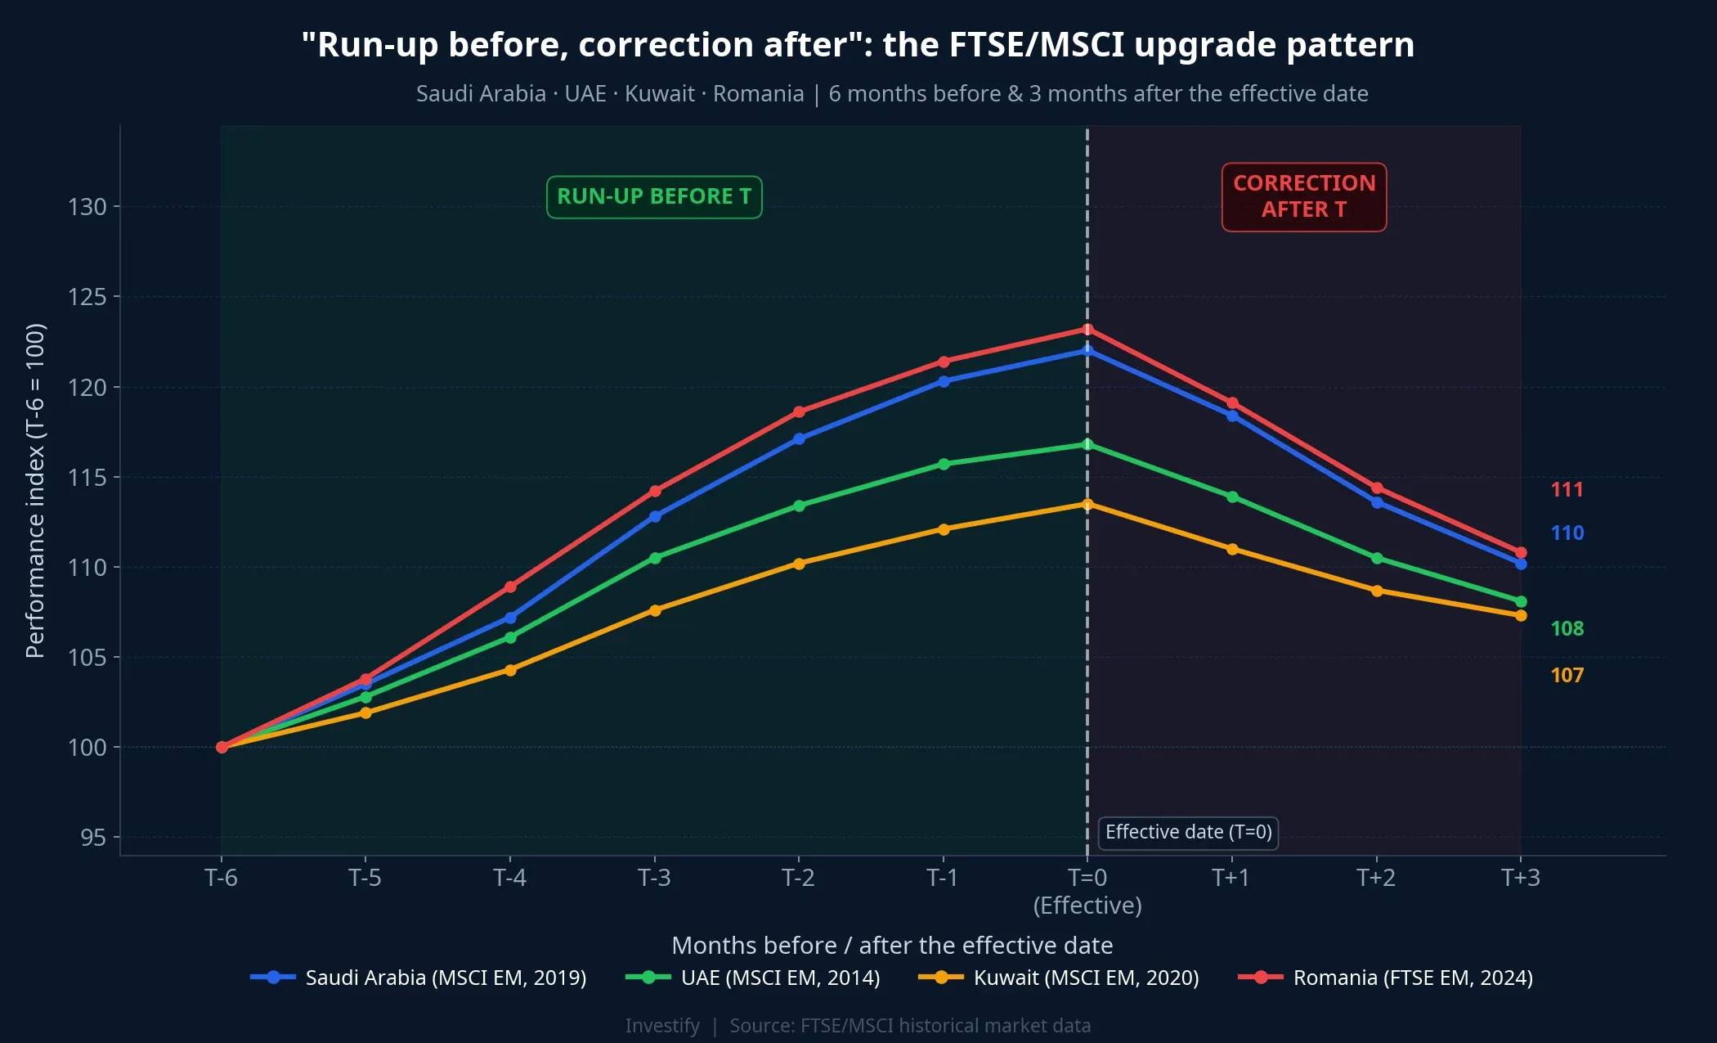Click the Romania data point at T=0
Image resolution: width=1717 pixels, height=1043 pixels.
pyautogui.click(x=1087, y=330)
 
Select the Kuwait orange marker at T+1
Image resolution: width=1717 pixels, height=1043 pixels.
pyautogui.click(x=1232, y=549)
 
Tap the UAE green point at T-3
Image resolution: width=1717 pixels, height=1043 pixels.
pyautogui.click(x=655, y=558)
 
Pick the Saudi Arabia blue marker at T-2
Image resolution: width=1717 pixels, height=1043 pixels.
pyautogui.click(x=799, y=439)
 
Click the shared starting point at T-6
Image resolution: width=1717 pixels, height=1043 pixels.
pyautogui.click(x=222, y=747)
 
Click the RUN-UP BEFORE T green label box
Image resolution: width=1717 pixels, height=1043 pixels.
pyautogui.click(x=654, y=197)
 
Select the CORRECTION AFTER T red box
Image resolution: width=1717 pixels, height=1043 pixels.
pyautogui.click(x=1304, y=197)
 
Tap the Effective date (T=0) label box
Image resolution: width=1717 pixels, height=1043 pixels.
pyautogui.click(x=1188, y=833)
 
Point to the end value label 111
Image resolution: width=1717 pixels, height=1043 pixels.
pyautogui.click(x=1567, y=490)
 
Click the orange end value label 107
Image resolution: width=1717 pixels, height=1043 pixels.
pyautogui.click(x=1567, y=676)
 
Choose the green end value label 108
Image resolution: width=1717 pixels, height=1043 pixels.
pyautogui.click(x=1567, y=629)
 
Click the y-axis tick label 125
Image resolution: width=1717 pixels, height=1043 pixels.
pyautogui.click(x=87, y=297)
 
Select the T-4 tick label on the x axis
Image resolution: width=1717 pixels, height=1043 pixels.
pyautogui.click(x=509, y=879)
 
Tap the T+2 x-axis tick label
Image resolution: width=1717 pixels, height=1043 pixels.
pyautogui.click(x=1376, y=879)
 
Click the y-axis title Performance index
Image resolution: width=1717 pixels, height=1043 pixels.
pyautogui.click(x=35, y=491)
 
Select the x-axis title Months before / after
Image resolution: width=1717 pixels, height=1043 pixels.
pyautogui.click(x=892, y=946)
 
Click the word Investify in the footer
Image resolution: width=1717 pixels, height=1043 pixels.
pyautogui.click(x=662, y=1026)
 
